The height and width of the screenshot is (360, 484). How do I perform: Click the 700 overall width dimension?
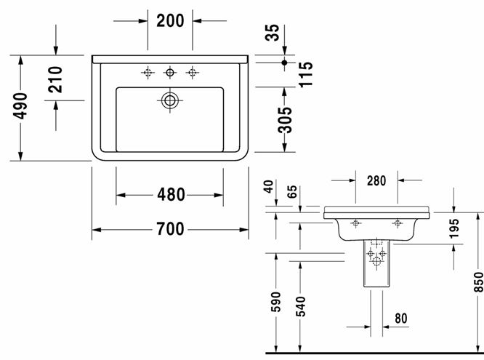coord(170,229)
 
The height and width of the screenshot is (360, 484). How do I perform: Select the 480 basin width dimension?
coord(171,195)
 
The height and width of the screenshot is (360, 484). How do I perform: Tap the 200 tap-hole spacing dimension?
coord(170,20)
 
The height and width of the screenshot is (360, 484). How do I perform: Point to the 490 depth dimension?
coord(20,105)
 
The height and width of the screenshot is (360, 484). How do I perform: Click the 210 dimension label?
coord(55,79)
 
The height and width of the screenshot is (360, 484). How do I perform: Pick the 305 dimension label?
coord(284,120)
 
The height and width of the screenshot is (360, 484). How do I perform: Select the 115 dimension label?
coord(305,74)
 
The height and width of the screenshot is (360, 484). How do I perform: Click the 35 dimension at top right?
coord(273,33)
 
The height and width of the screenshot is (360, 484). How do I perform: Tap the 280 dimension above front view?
coord(376,181)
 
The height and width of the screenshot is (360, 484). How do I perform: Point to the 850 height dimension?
coord(479,282)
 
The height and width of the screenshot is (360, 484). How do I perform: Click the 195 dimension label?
coord(454,228)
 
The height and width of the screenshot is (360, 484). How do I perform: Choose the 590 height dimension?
coord(275,302)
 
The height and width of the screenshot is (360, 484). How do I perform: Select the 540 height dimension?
coord(300,306)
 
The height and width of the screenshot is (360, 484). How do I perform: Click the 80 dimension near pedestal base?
coord(401,319)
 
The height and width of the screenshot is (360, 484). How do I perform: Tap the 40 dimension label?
coord(269,187)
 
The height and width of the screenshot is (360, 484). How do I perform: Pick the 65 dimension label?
coord(291,191)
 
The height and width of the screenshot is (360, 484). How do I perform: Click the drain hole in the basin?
coord(169,100)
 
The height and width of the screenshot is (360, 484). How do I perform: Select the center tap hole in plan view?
coord(170,73)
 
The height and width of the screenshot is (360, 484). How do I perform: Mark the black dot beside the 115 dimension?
coord(285,63)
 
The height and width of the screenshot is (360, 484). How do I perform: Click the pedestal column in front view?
coord(376,263)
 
